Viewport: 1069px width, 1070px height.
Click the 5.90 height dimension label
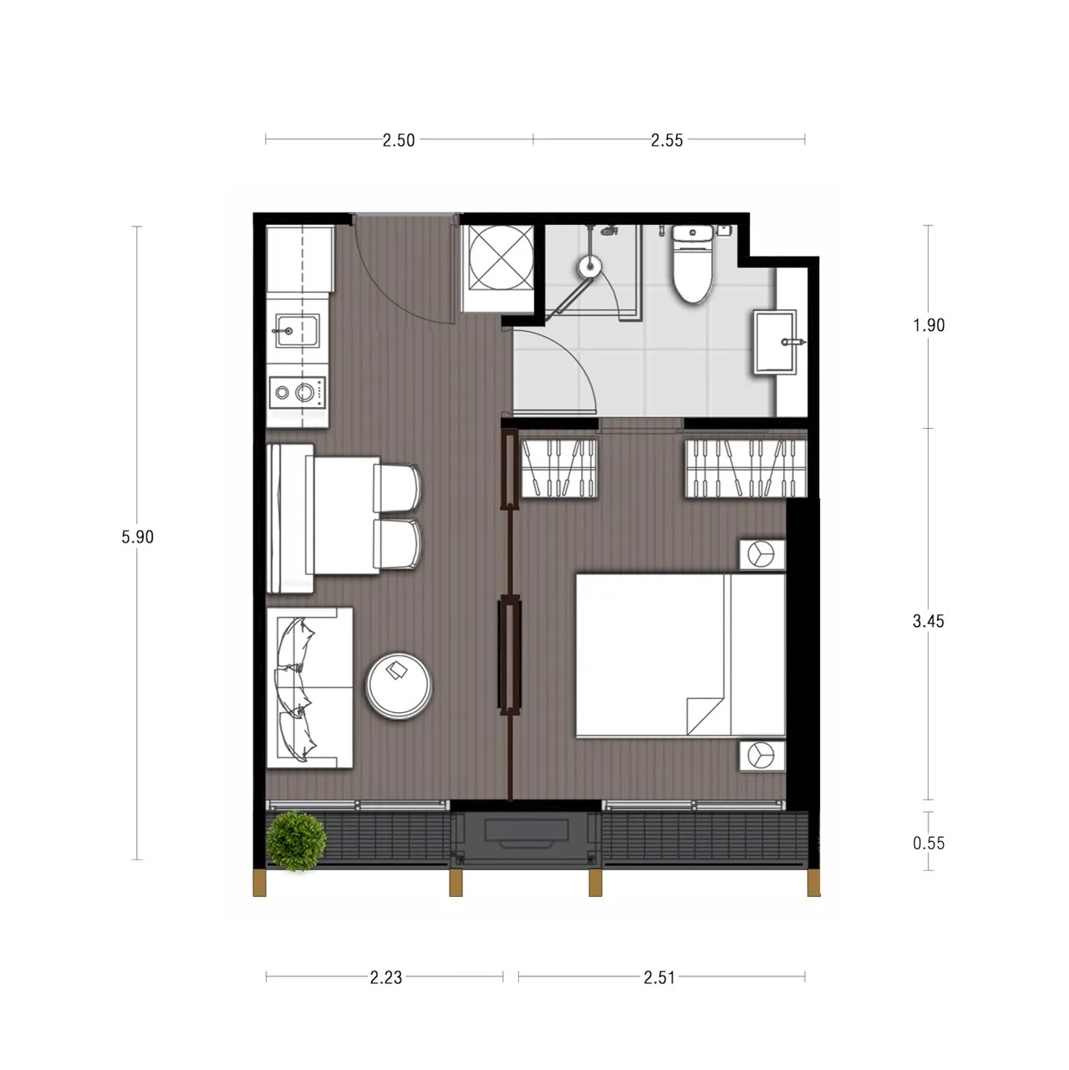click(137, 537)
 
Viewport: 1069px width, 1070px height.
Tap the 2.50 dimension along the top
click(399, 140)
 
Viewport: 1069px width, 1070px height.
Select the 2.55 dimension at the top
click(666, 140)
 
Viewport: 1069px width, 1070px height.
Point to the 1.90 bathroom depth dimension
click(929, 325)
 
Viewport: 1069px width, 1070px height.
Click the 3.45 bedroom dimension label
click(929, 621)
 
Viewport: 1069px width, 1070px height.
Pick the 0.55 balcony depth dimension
click(929, 843)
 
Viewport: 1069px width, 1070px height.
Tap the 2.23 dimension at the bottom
click(386, 977)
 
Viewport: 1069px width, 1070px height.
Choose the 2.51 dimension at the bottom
click(659, 977)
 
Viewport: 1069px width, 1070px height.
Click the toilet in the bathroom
click(692, 263)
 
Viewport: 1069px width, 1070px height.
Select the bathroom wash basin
click(776, 342)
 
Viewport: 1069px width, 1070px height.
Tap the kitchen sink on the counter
click(298, 332)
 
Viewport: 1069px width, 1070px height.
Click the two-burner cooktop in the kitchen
click(297, 393)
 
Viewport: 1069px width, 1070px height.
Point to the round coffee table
click(398, 685)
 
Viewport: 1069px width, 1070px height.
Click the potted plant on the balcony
click(297, 841)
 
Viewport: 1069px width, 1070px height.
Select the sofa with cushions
click(309, 688)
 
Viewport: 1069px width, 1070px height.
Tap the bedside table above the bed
click(762, 554)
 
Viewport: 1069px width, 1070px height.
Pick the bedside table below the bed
click(762, 755)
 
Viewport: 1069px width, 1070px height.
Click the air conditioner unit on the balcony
click(526, 839)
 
